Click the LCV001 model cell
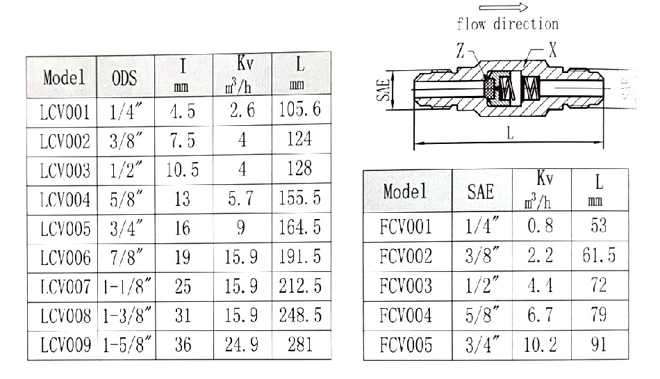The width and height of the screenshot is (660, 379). (65, 113)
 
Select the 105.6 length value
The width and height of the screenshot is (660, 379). (299, 109)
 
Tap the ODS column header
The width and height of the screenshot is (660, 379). (124, 78)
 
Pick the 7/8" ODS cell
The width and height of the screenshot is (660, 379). (126, 257)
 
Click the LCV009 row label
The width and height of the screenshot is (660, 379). (66, 345)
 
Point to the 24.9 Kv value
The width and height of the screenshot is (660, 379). (242, 345)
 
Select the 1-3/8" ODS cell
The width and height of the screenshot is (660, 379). (126, 316)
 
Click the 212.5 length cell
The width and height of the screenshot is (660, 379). (300, 286)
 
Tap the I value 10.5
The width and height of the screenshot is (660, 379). (182, 170)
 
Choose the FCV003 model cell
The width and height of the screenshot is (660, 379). (406, 286)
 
